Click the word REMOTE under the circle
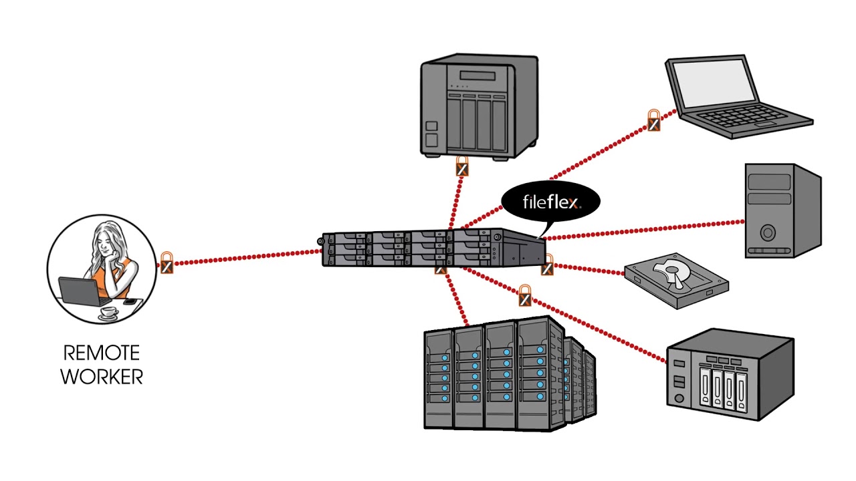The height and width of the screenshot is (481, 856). coord(102,352)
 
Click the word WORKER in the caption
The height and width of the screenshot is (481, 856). coord(102,376)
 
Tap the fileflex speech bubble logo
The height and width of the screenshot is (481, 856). coord(550,200)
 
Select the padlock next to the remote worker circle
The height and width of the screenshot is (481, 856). coord(167,264)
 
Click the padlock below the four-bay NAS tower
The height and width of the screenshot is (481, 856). coord(462,166)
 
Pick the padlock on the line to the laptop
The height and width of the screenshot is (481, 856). coord(654,121)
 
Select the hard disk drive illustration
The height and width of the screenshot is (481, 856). coord(675,281)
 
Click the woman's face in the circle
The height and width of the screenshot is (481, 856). coord(107,241)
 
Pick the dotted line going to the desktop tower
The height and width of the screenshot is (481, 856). coord(642,229)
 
